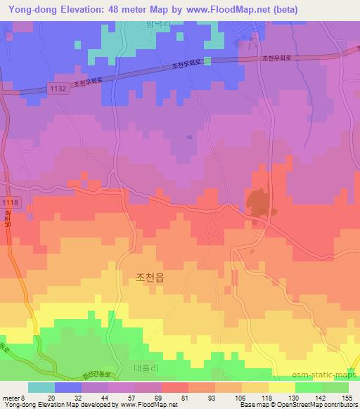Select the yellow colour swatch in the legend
(x=281, y=387)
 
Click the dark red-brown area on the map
(x=259, y=203)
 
